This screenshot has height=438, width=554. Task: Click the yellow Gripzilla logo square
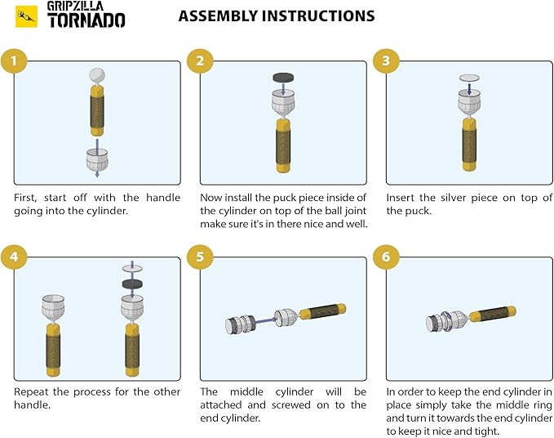pyautogui.click(x=26, y=16)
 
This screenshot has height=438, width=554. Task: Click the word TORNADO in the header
pyautogui.click(x=86, y=20)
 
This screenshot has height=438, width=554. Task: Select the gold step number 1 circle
pyautogui.click(x=14, y=60)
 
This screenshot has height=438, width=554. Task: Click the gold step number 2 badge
pyautogui.click(x=200, y=60)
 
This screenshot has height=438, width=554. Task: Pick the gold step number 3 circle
pyautogui.click(x=386, y=60)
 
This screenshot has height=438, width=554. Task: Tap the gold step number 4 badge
pyautogui.click(x=14, y=257)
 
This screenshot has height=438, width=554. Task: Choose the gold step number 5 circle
pyautogui.click(x=200, y=257)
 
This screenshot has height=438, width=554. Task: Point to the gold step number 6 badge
pyautogui.click(x=386, y=257)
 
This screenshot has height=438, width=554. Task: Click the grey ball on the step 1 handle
pyautogui.click(x=97, y=75)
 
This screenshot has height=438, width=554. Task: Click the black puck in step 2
pyautogui.click(x=283, y=78)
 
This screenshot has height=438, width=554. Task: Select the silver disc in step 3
pyautogui.click(x=469, y=78)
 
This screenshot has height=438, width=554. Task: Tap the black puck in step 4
pyautogui.click(x=132, y=284)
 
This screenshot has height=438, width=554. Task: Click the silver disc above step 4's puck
pyautogui.click(x=132, y=269)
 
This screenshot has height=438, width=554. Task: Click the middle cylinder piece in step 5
pyautogui.click(x=240, y=324)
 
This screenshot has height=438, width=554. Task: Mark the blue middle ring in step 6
pyautogui.click(x=447, y=321)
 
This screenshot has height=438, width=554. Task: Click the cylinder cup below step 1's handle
pyautogui.click(x=97, y=159)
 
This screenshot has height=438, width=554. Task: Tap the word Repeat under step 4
pyautogui.click(x=31, y=392)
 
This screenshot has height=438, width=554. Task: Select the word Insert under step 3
pyautogui.click(x=401, y=198)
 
